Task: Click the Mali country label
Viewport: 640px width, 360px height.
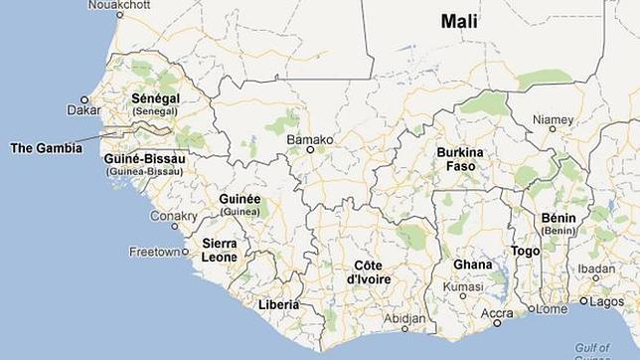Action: [x=458, y=20]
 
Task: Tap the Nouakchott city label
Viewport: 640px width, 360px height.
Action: [x=118, y=5]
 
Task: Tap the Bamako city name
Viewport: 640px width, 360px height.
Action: [x=309, y=139]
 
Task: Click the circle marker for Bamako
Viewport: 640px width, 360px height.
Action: [x=309, y=150]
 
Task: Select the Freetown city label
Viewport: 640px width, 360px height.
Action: [x=153, y=252]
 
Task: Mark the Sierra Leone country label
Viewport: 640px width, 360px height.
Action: [x=220, y=250]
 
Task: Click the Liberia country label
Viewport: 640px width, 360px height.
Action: [x=279, y=304]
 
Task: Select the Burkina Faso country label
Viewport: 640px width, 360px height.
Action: [x=459, y=159]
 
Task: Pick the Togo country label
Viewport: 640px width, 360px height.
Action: [x=525, y=252]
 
